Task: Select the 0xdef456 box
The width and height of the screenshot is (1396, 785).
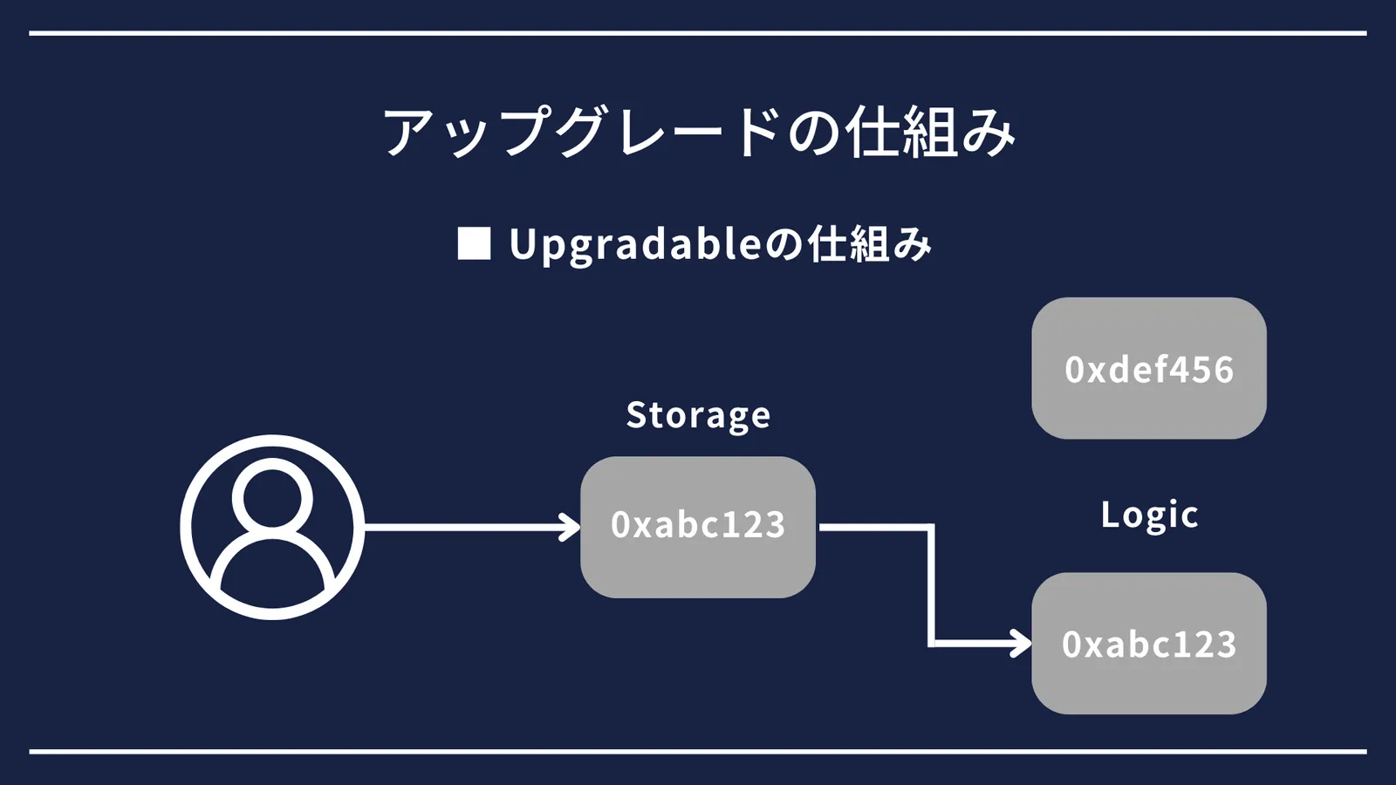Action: pos(1148,368)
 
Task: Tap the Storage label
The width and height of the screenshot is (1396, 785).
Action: pos(698,415)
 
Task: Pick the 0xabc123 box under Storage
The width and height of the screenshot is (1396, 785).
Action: pos(698,527)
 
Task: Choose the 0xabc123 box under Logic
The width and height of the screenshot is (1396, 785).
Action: pos(1148,643)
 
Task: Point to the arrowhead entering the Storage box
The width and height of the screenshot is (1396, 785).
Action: pos(571,528)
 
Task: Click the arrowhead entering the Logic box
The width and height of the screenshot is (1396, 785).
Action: pos(1021,644)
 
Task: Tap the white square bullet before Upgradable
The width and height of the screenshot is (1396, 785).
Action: pos(475,243)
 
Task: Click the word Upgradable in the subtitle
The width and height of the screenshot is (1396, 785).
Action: pos(635,245)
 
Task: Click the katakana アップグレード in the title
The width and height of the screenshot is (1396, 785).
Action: pos(582,132)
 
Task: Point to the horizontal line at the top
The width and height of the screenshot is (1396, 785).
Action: pos(698,33)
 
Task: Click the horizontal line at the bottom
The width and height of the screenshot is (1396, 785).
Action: pos(698,751)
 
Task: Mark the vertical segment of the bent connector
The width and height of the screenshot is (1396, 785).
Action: pos(931,585)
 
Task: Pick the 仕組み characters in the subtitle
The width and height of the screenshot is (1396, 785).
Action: pos(870,243)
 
